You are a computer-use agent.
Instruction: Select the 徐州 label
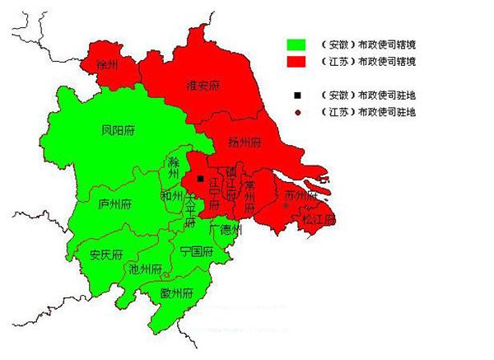tap(108, 63)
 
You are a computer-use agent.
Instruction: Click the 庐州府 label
tap(114, 203)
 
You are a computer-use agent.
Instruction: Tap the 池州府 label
tap(145, 268)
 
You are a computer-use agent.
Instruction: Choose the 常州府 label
tap(249, 196)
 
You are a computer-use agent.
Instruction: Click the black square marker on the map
tap(200, 178)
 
